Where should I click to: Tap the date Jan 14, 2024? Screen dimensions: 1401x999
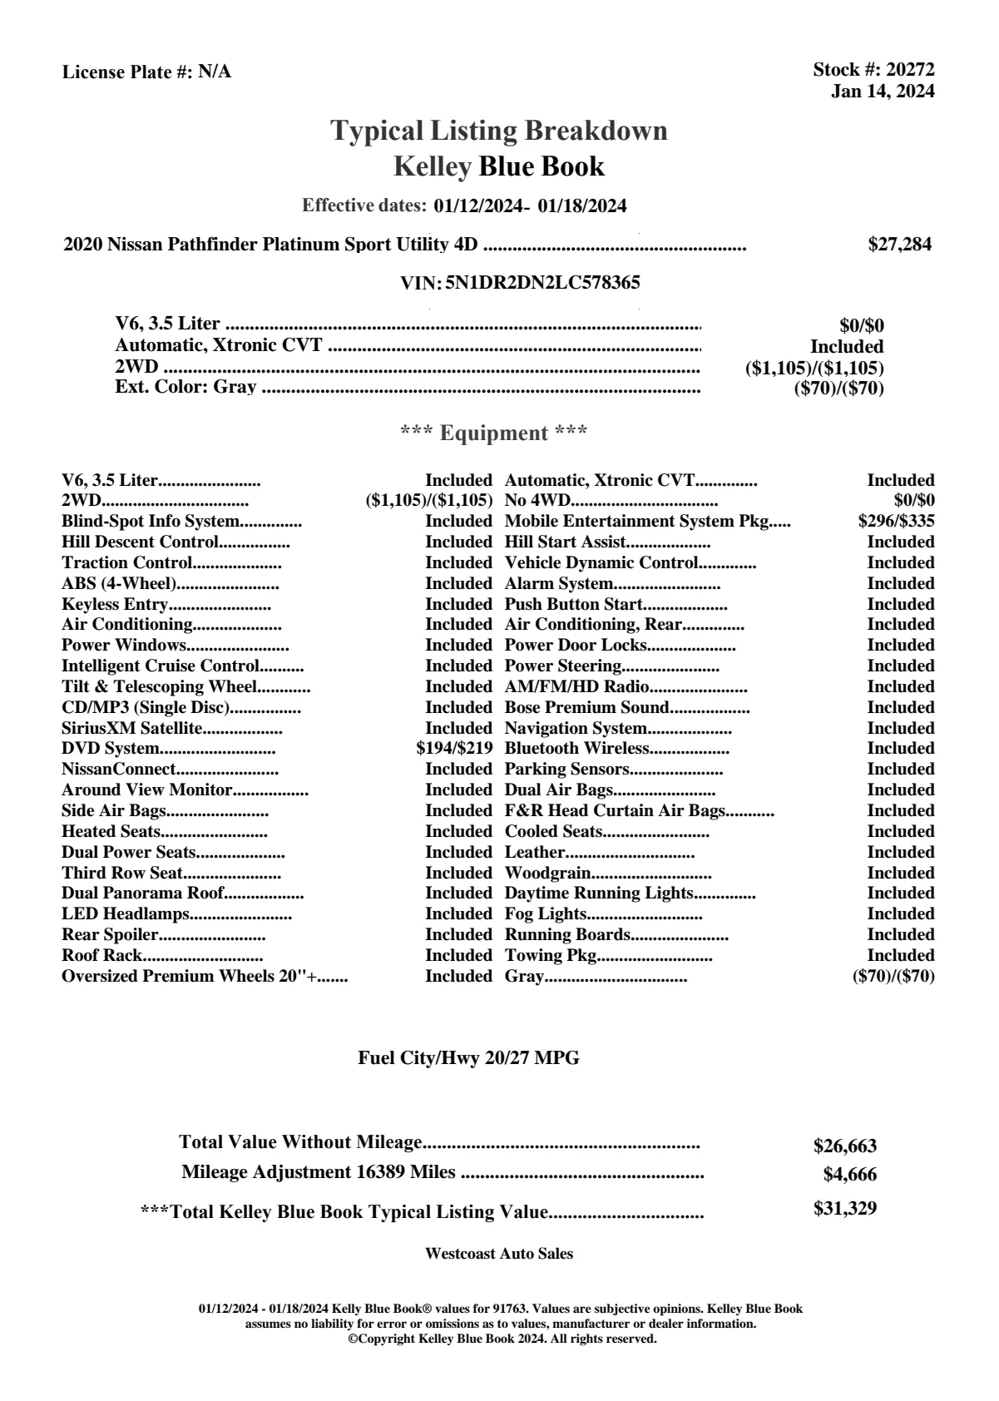[883, 91]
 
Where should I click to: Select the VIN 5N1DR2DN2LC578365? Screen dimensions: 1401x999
[542, 283]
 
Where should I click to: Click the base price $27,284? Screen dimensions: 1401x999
[899, 245]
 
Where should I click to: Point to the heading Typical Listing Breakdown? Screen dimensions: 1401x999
[499, 131]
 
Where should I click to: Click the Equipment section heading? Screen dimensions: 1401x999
[494, 433]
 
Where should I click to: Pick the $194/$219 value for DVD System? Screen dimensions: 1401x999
[454, 748]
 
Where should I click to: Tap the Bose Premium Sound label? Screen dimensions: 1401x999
[586, 707]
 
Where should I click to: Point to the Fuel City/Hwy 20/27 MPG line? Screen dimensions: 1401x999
[468, 1058]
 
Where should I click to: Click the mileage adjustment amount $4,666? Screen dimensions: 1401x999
[849, 1175]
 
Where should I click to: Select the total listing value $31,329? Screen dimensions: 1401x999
[844, 1209]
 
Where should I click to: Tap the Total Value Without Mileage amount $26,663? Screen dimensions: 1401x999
[844, 1146]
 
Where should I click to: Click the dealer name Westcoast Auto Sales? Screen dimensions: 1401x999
[498, 1253]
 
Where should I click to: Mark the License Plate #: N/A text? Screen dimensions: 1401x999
[146, 72]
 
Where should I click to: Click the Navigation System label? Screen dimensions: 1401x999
[576, 728]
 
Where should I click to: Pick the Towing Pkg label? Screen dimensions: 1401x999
[551, 955]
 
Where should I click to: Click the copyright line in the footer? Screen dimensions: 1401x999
[502, 1339]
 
